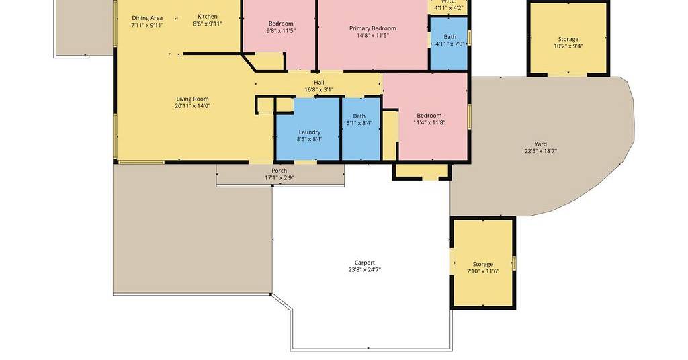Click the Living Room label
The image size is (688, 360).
(x=192, y=99)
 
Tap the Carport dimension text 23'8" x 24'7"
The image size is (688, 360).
(x=365, y=270)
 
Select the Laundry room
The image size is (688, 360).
(x=308, y=129)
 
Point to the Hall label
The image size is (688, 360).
(x=319, y=83)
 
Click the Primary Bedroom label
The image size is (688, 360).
(x=372, y=28)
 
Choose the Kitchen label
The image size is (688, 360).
(x=208, y=17)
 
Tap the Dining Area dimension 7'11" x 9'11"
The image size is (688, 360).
(x=147, y=25)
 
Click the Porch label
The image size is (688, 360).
(x=279, y=171)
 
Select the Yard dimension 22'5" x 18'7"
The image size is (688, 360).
(x=541, y=151)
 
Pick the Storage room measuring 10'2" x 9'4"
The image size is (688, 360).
(x=568, y=38)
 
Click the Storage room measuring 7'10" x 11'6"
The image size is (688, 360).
(x=482, y=263)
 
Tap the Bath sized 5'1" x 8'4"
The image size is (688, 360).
(x=360, y=129)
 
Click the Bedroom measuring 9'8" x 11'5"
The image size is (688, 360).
(x=279, y=34)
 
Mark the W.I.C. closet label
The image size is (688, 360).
(x=448, y=2)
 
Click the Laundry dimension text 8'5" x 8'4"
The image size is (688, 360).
(x=310, y=139)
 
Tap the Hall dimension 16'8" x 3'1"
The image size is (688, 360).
(x=319, y=90)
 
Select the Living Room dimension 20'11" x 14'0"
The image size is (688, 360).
(x=192, y=106)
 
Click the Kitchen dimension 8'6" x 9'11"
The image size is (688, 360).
(x=208, y=24)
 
